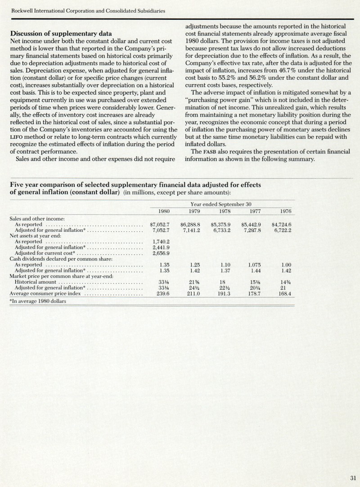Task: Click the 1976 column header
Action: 285,211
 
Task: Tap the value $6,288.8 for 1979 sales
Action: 189,224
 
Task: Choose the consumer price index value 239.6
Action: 161,294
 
